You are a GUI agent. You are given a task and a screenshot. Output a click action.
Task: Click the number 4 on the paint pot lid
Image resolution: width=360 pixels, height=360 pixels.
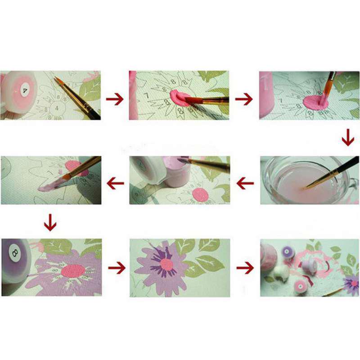(x=19, y=85)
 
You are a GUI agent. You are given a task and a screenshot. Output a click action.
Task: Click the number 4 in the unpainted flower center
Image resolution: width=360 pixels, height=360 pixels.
(x=57, y=108)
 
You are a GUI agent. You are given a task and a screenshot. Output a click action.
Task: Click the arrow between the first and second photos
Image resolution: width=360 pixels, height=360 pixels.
(x=115, y=98)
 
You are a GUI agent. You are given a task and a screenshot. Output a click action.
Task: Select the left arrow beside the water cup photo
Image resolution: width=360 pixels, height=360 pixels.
(x=245, y=183)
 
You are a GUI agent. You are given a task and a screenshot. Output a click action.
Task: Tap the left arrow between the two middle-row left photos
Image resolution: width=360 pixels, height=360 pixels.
(x=115, y=183)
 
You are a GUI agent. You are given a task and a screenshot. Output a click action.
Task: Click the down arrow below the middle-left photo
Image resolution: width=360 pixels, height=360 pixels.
(x=50, y=222)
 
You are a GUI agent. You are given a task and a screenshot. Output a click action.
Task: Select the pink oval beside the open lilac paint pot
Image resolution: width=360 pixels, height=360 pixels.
(x=200, y=195)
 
